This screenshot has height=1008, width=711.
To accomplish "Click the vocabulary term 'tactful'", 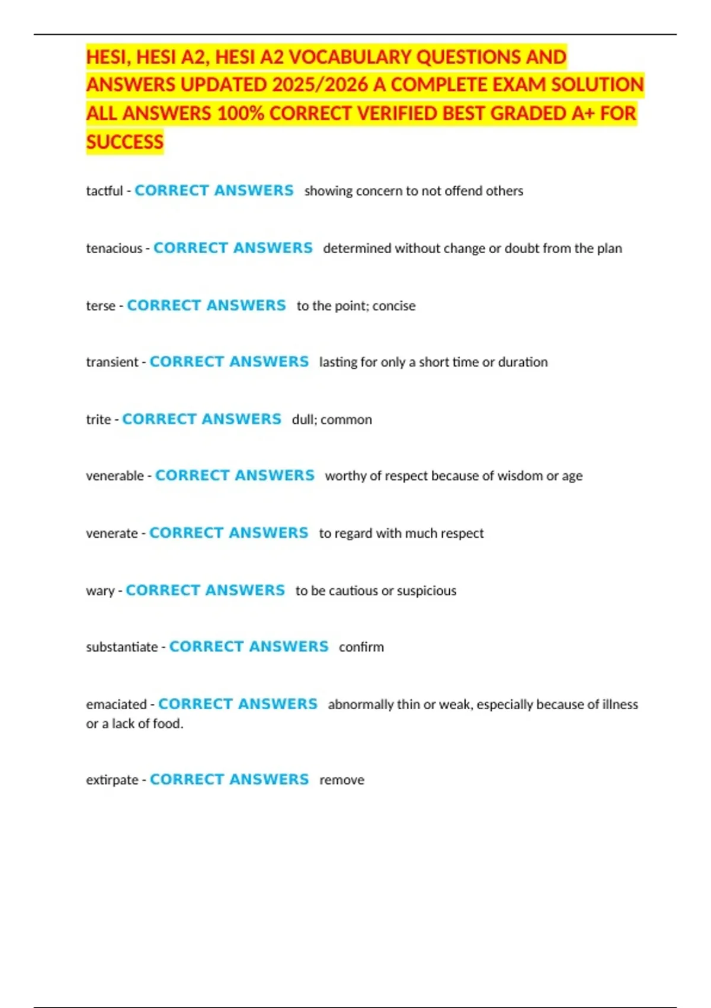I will tap(104, 191).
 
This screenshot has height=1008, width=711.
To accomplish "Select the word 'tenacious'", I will tap(114, 248).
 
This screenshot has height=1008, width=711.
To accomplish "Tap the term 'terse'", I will tap(100, 306).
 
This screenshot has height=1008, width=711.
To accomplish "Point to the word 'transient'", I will tap(112, 362).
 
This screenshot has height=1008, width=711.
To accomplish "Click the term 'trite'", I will tap(98, 420).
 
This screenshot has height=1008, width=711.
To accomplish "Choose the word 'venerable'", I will tap(115, 476).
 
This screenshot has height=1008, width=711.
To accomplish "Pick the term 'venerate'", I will tap(112, 534).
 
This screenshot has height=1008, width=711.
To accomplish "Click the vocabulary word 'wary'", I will tap(100, 591).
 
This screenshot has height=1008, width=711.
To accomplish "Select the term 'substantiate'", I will tap(122, 647).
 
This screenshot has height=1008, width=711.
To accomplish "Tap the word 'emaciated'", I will tap(116, 704).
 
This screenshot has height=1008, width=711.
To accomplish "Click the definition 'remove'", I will tap(342, 780).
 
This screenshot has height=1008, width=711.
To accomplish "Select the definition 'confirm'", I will tap(361, 647).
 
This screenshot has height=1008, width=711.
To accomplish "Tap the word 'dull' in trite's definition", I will tap(303, 420).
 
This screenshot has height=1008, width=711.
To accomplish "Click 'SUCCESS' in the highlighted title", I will tap(125, 142).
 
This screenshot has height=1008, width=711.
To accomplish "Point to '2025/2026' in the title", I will tap(320, 85).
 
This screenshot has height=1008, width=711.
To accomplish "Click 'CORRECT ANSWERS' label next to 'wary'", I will tap(205, 591).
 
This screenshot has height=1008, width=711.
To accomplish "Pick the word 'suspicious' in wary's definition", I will tap(427, 591).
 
